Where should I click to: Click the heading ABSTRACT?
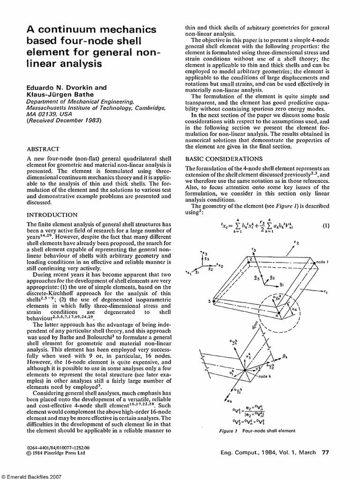(x=41, y=150)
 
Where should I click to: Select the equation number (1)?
(x=326, y=225)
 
